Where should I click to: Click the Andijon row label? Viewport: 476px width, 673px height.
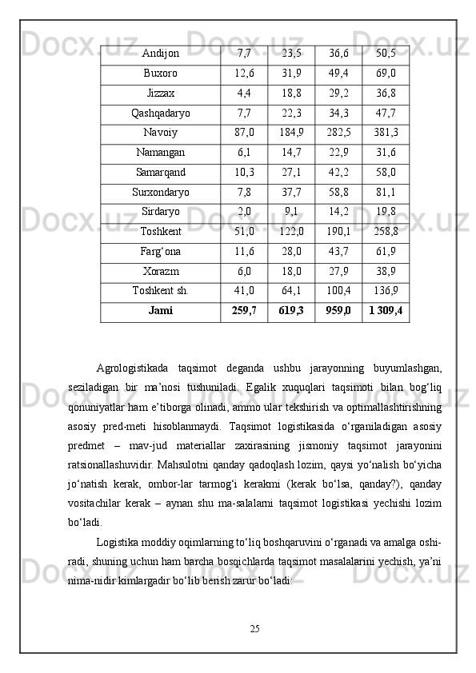click(x=160, y=54)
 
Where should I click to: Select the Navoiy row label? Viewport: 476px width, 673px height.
click(x=160, y=133)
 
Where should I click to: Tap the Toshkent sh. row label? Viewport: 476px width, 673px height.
click(x=160, y=291)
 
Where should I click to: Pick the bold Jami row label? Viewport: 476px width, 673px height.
click(x=160, y=311)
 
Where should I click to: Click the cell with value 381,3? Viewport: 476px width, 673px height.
click(x=386, y=133)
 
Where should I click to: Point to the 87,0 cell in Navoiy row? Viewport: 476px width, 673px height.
click(x=244, y=133)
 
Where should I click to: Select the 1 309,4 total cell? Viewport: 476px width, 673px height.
click(x=386, y=311)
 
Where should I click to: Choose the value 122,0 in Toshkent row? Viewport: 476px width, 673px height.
click(x=292, y=232)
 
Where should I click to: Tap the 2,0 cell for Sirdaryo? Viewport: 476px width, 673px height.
click(x=244, y=212)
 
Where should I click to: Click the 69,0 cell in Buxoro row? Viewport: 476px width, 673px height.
click(x=386, y=74)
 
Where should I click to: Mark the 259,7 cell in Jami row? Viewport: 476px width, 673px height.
click(x=244, y=311)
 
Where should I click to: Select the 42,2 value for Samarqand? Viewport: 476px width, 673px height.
click(x=338, y=172)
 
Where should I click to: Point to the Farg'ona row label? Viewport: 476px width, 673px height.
click(x=160, y=251)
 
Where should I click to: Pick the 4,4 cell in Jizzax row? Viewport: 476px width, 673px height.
click(x=244, y=93)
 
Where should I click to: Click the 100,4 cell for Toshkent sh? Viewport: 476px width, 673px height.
click(x=338, y=291)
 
